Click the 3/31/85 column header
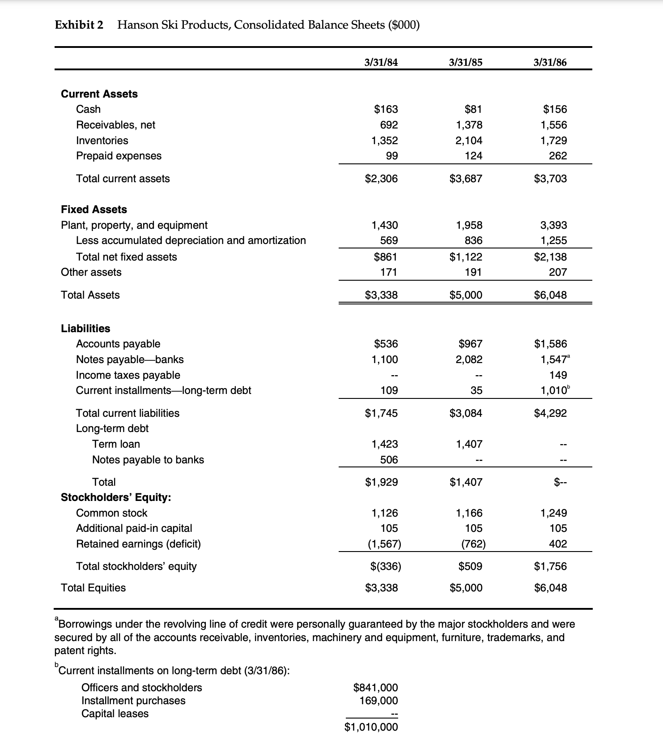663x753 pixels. coord(465,63)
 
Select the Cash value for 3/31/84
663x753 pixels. coord(386,109)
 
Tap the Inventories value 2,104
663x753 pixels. coord(469,141)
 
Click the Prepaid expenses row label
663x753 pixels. coord(119,156)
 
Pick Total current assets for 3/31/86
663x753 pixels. coord(550,179)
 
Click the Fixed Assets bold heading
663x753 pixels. coord(94,210)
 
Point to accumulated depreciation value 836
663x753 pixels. coord(473,241)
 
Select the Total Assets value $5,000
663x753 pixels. coord(466,295)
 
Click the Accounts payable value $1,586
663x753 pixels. coord(550,344)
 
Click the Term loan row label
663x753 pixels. coord(116,444)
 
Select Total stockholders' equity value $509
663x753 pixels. coord(470,566)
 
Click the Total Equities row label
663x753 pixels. coord(93,588)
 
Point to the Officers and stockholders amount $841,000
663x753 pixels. coord(375,687)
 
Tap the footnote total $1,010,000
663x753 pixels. coord(371,727)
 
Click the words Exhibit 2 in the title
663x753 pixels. coord(79,25)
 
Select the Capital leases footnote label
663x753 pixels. coord(115,714)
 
